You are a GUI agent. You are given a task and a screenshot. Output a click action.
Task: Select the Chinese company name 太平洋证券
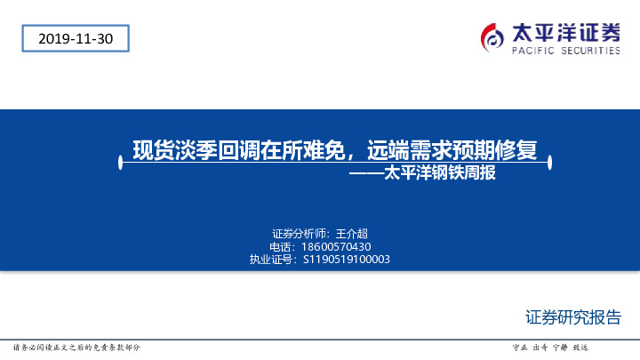566,33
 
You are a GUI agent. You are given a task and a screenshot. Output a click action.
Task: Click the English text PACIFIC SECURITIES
565,52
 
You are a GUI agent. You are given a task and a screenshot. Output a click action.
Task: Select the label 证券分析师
298,233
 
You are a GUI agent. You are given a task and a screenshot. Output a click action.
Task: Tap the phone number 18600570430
335,246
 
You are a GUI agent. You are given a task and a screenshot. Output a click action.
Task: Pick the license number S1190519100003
347,260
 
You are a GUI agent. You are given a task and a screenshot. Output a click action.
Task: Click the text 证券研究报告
573,317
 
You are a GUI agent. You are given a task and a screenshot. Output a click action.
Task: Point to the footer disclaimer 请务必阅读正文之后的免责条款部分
76,348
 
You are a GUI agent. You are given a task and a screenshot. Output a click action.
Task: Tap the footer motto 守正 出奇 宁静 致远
551,348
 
